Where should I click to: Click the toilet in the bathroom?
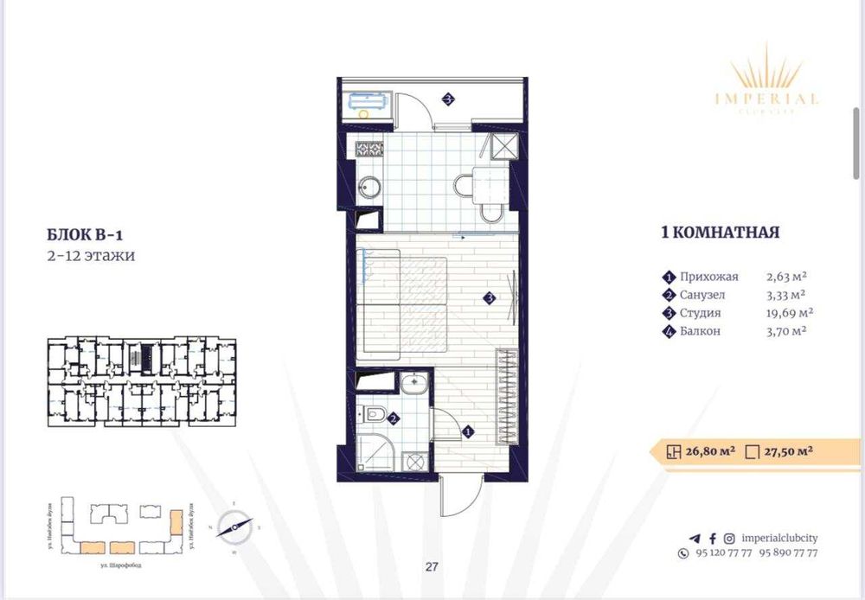[x=374, y=415]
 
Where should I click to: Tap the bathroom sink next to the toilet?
[x=413, y=383]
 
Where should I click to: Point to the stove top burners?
[x=367, y=149]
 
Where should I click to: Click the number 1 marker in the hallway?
[x=467, y=431]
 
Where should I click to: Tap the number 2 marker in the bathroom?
[x=394, y=419]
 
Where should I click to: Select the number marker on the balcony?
[x=448, y=99]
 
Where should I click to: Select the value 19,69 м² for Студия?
[x=789, y=313]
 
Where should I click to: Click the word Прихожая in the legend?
[x=709, y=277]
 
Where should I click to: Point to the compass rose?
[x=234, y=523]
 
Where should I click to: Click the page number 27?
[x=432, y=568]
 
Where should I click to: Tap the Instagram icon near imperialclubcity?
[x=730, y=538]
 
